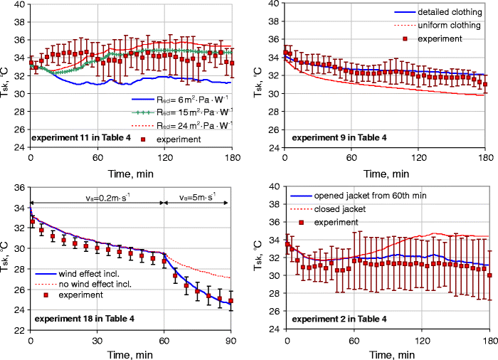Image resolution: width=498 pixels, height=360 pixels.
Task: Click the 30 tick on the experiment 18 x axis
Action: [x=97, y=339]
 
